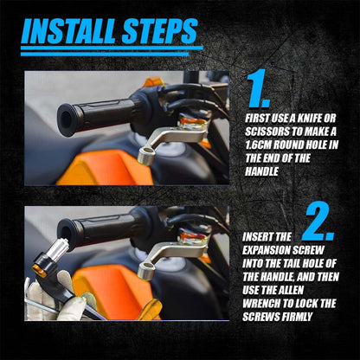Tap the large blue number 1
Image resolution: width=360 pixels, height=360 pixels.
[259, 88]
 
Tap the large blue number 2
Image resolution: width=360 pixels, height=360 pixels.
[318, 222]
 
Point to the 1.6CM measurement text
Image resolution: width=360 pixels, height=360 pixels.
[258, 145]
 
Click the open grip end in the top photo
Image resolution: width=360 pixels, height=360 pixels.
[67, 119]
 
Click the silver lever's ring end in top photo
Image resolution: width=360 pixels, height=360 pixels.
[145, 154]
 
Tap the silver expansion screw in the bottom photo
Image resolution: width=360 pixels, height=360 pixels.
[59, 248]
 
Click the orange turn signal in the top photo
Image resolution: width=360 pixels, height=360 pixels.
[154, 82]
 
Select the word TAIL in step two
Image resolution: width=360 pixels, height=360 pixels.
[288, 264]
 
